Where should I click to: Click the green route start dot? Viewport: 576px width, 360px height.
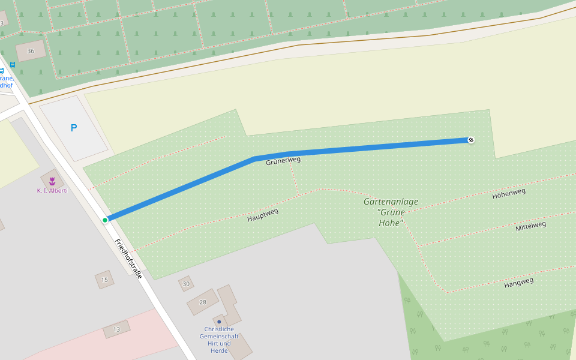click(x=105, y=220)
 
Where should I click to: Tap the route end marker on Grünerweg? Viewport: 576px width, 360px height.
click(x=471, y=140)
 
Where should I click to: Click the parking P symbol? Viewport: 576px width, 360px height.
click(x=74, y=128)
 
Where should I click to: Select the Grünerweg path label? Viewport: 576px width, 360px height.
click(x=283, y=161)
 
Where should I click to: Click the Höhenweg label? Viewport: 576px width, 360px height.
click(x=509, y=193)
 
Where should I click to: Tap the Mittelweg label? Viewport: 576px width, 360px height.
click(x=531, y=226)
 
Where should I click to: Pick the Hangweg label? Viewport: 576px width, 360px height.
click(x=518, y=282)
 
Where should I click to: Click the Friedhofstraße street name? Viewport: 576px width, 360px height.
click(x=128, y=259)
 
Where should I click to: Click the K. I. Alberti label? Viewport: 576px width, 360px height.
click(x=52, y=191)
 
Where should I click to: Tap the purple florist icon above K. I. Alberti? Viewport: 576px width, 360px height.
click(x=52, y=180)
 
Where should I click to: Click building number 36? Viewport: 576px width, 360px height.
click(x=31, y=51)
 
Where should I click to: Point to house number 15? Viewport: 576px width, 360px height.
click(x=104, y=280)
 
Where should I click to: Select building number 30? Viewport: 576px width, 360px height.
click(x=186, y=284)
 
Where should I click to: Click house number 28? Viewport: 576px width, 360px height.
click(x=202, y=302)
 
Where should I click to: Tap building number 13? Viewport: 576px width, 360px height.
click(x=116, y=329)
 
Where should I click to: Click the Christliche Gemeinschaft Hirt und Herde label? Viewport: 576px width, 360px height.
click(x=219, y=340)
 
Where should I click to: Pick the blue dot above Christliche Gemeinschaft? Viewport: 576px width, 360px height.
click(x=219, y=322)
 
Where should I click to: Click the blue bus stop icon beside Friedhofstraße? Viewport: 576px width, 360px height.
click(x=13, y=64)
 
